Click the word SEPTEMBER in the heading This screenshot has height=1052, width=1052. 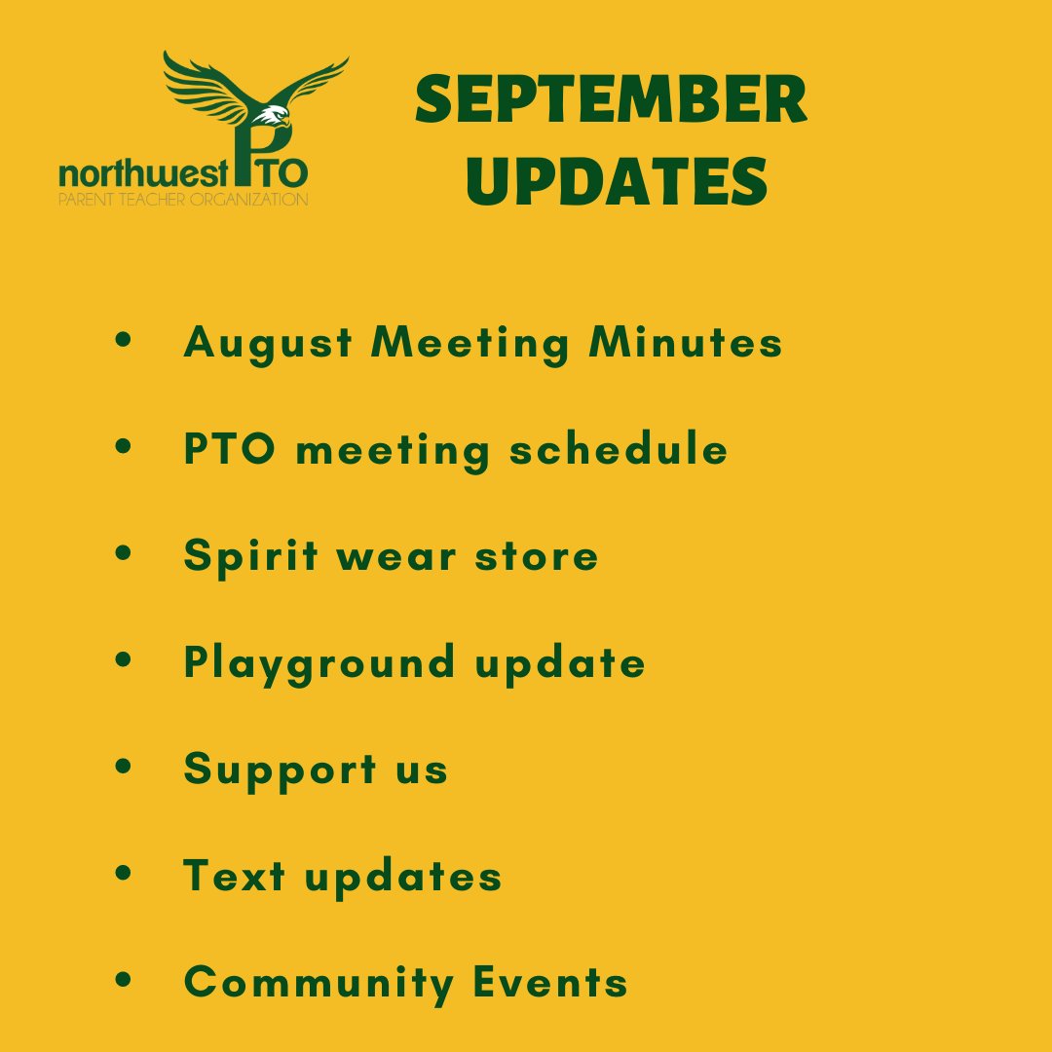611,101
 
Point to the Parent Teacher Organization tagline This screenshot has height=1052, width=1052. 183,200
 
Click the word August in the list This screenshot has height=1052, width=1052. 266,344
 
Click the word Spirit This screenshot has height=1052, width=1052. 251,555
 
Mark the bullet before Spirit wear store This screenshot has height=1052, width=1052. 123,552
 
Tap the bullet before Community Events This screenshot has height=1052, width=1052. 123,979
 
